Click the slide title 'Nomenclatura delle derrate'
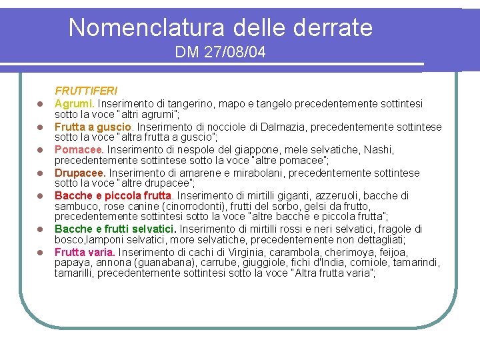pyautogui.click(x=220, y=28)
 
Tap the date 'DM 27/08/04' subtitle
pyautogui.click(x=220, y=52)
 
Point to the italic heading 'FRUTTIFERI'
pyautogui.click(x=86, y=90)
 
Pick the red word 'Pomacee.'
pyautogui.click(x=79, y=149)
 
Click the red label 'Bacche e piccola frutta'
pyautogui.click(x=113, y=195)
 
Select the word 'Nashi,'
pyautogui.click(x=379, y=149)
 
